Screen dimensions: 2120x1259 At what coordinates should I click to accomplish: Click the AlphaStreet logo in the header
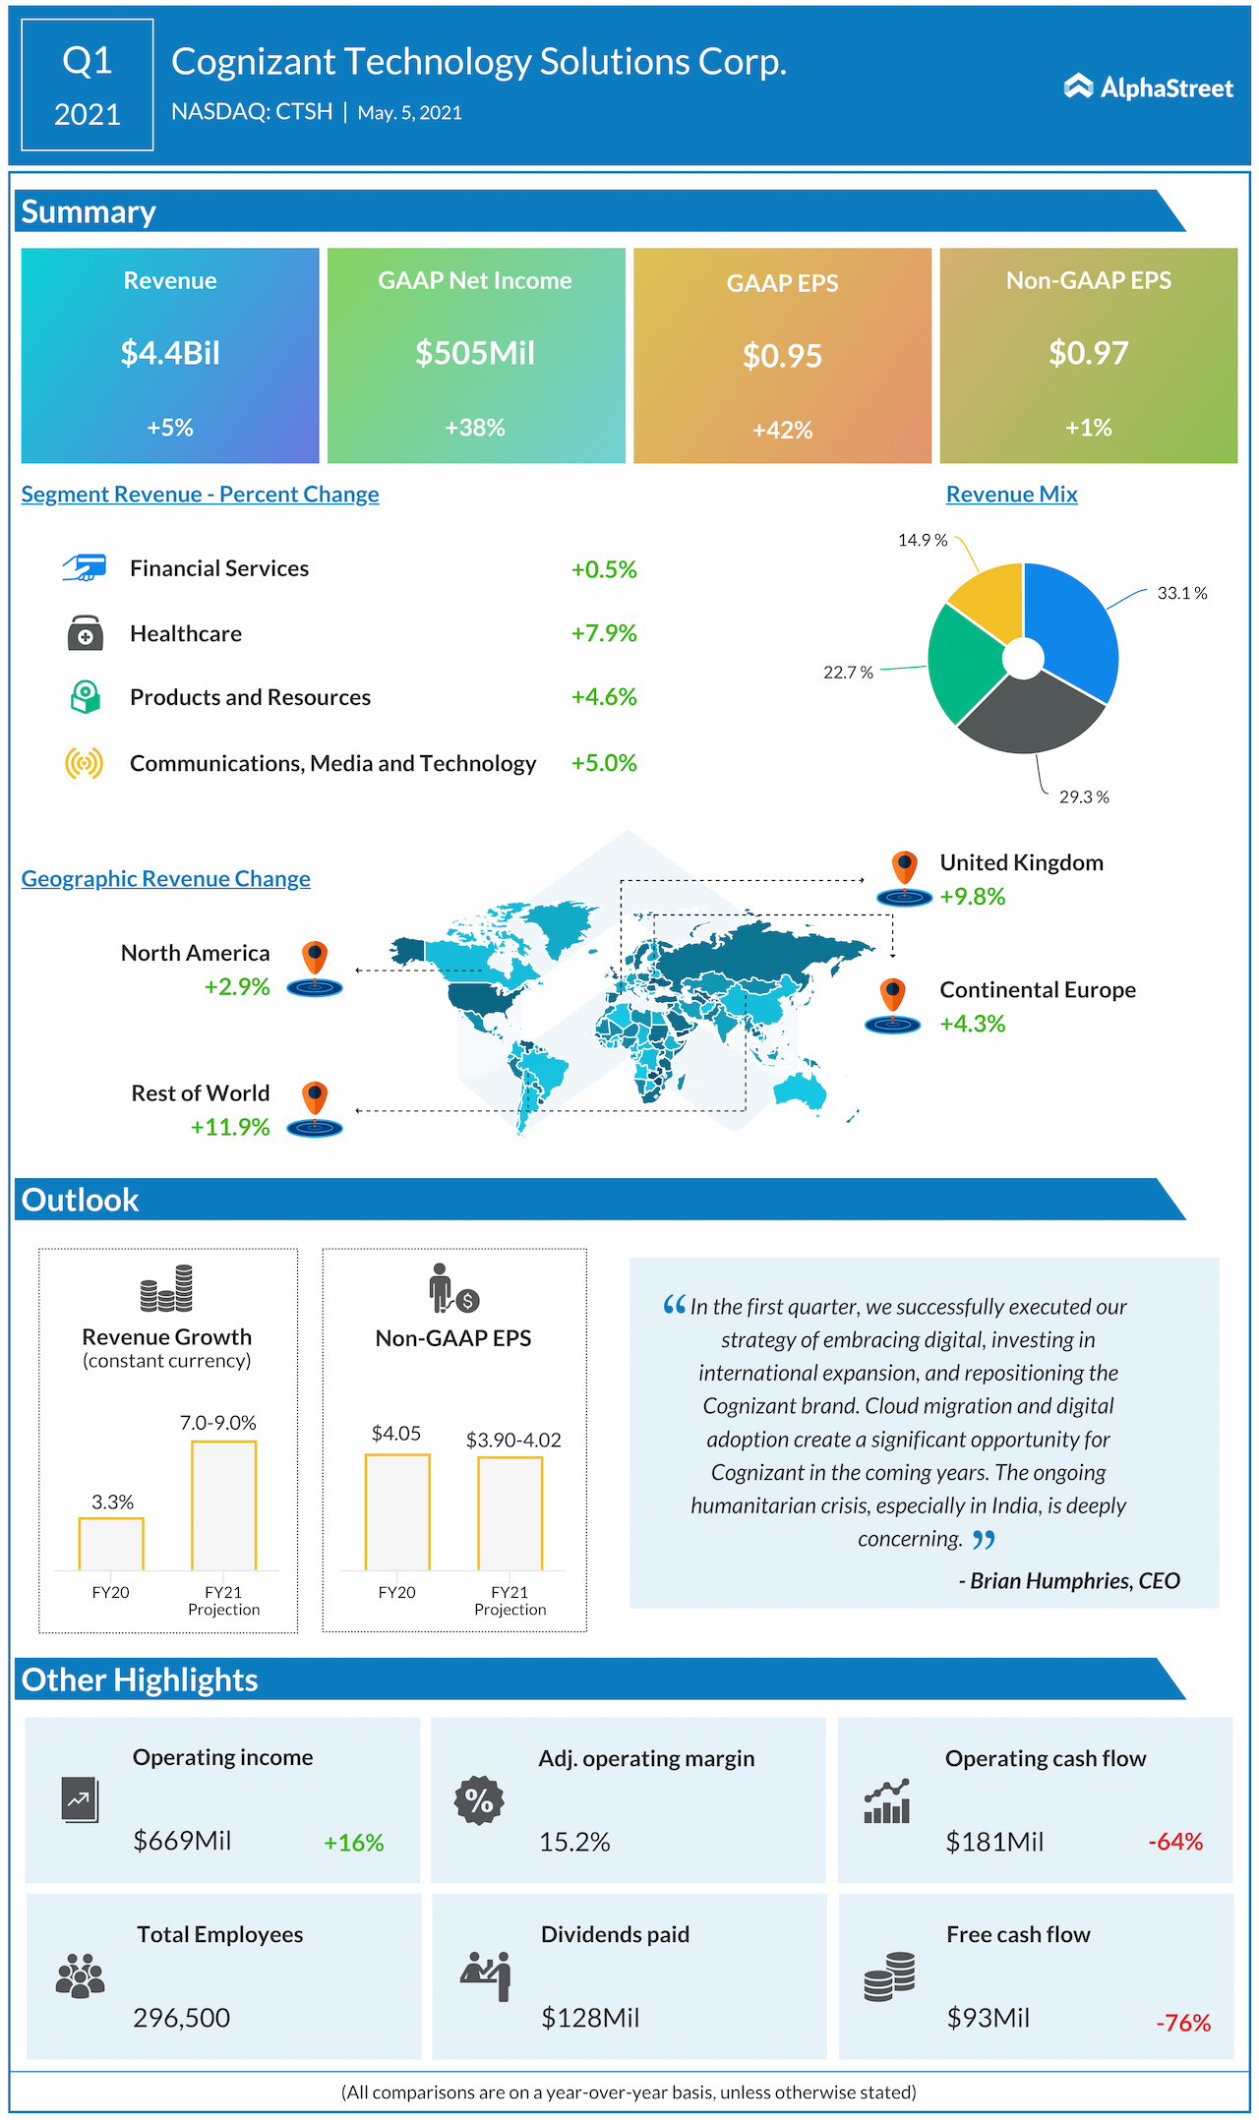click(x=1148, y=88)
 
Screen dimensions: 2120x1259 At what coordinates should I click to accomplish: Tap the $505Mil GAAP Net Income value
click(x=475, y=353)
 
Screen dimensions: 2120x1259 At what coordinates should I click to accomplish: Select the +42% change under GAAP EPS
click(x=782, y=430)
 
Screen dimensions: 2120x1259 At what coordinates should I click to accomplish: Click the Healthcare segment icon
click(x=86, y=633)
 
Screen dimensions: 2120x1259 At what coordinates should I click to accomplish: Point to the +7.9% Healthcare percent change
click(x=604, y=633)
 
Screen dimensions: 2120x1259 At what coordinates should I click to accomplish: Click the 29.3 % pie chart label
click(x=1084, y=796)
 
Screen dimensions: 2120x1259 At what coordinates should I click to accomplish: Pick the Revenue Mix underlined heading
click(x=1011, y=495)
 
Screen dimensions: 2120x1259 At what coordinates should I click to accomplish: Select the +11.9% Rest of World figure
click(x=230, y=1127)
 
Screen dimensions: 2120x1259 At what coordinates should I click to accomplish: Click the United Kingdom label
click(x=1021, y=862)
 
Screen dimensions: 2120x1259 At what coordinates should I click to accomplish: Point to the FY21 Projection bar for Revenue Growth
click(x=223, y=1505)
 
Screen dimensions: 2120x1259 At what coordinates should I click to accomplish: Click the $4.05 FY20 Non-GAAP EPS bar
click(x=397, y=1511)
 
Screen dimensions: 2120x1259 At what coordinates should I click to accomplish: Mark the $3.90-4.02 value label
click(x=513, y=1440)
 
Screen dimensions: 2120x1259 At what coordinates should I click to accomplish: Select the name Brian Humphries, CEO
click(x=1074, y=1580)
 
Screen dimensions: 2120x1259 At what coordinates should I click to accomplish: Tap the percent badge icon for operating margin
click(x=479, y=1800)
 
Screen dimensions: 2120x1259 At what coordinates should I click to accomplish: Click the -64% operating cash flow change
click(x=1175, y=1842)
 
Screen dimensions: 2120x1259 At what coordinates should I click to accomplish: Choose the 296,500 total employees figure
click(x=182, y=2018)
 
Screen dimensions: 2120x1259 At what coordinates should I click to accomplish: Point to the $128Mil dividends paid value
click(x=590, y=2018)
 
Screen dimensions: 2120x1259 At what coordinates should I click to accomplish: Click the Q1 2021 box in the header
click(x=88, y=86)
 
